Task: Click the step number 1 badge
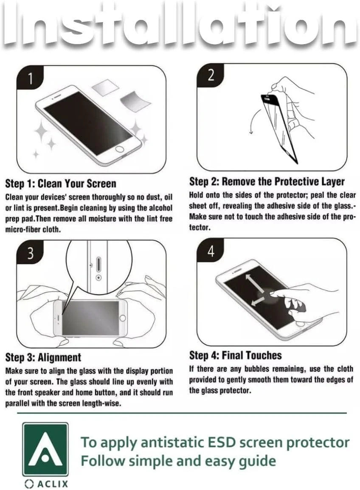pyautogui.click(x=30, y=78)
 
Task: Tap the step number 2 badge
pyautogui.click(x=211, y=76)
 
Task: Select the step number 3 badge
pyautogui.click(x=30, y=253)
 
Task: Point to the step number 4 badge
pyautogui.click(x=211, y=251)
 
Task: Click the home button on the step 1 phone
pyautogui.click(x=120, y=149)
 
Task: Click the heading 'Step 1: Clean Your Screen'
pyautogui.click(x=61, y=183)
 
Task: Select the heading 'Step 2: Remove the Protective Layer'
pyautogui.click(x=267, y=181)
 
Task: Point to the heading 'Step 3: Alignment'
pyautogui.click(x=43, y=357)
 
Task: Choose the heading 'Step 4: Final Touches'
pyautogui.click(x=235, y=355)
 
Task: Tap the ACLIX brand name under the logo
pyautogui.click(x=46, y=484)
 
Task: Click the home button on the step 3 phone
pyautogui.click(x=123, y=318)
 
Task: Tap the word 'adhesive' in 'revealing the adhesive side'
pyautogui.click(x=279, y=206)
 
